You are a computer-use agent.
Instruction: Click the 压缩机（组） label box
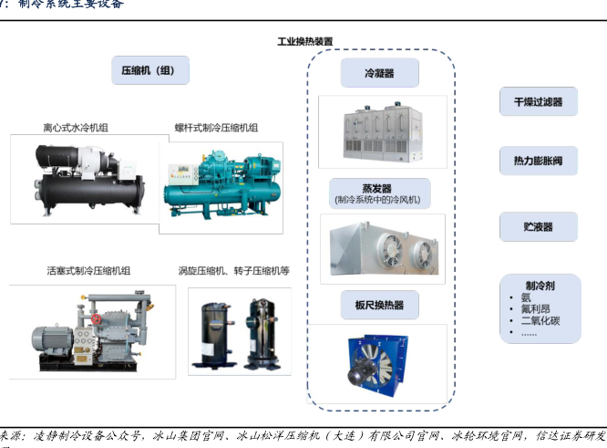coord(149,70)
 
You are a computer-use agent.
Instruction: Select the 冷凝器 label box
coord(379,73)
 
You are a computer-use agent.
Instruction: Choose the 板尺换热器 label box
coord(379,305)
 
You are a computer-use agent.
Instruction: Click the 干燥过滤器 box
coord(539,102)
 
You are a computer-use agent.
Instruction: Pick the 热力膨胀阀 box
coord(539,164)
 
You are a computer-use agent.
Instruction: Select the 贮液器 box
coord(539,227)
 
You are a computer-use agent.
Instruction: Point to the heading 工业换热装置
coord(305,42)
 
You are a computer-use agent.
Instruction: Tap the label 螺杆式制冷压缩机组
coord(216,128)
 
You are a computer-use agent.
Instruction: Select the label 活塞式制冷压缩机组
coord(88,271)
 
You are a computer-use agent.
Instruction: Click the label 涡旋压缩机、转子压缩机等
coord(234,271)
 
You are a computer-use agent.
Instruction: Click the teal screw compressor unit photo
coord(221,180)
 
